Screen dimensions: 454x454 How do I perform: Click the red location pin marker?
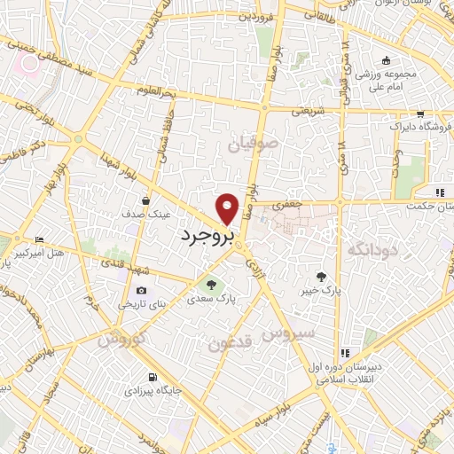click(x=228, y=207)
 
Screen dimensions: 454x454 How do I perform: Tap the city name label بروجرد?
click(x=209, y=237)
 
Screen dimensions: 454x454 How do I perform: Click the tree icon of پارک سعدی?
click(x=211, y=285)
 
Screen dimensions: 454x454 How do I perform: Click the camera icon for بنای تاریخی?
click(x=141, y=290)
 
